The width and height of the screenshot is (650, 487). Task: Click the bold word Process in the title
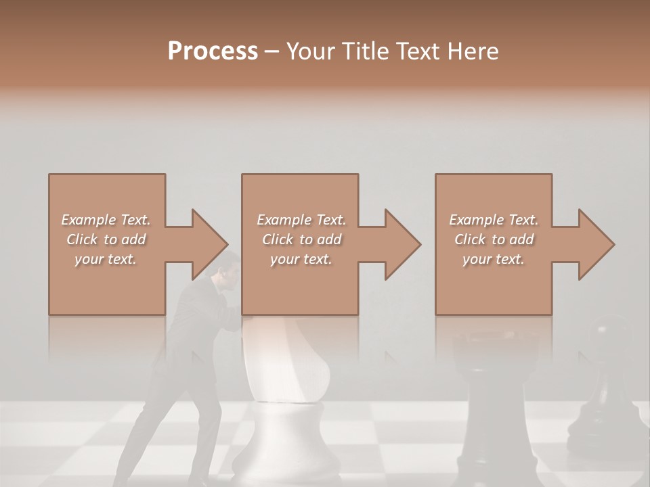(213, 51)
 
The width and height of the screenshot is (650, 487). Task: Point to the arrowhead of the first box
(207, 244)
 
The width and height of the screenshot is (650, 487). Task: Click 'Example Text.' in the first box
(106, 220)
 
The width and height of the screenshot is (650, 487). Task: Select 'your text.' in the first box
(106, 259)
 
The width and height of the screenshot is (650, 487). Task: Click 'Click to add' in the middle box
(301, 239)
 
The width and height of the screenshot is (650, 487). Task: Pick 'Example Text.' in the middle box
(301, 220)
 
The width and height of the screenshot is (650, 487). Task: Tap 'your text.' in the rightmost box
(494, 259)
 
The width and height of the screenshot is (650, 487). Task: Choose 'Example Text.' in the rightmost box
(494, 220)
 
